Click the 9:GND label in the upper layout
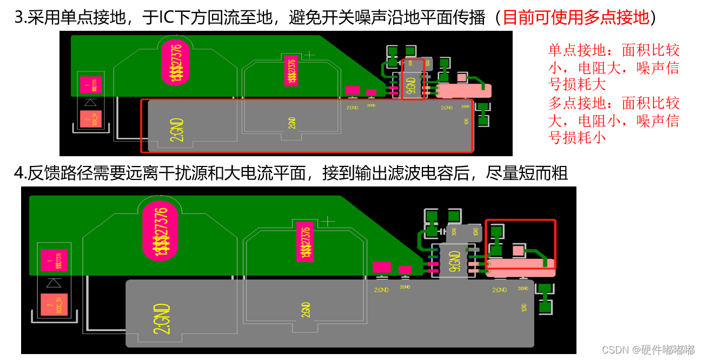click(411, 86)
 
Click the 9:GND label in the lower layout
click(455, 261)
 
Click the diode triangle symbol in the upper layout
click(91, 102)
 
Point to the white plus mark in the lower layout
click(328, 221)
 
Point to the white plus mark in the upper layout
click(309, 55)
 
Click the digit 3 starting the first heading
click(18, 18)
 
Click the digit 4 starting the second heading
click(18, 173)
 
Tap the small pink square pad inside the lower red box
click(518, 250)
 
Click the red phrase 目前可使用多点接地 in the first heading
click(575, 18)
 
